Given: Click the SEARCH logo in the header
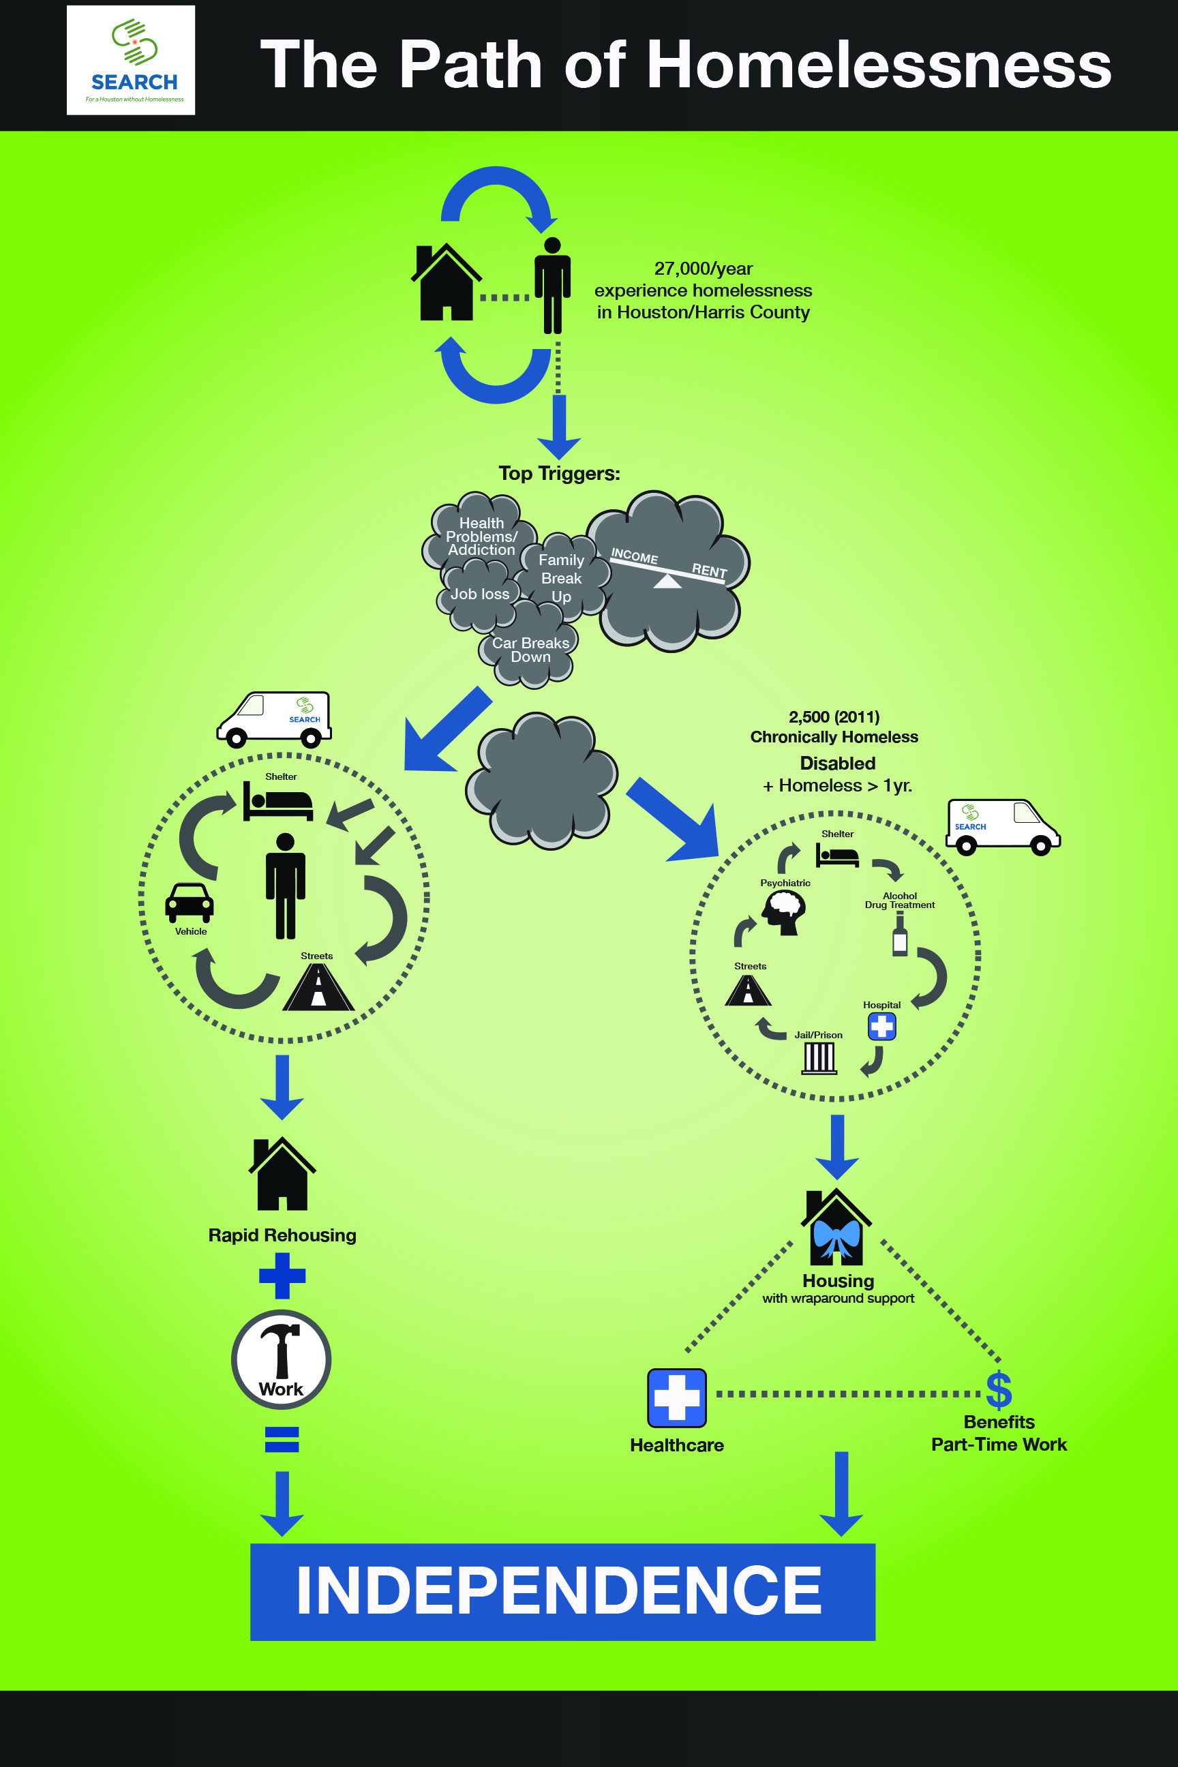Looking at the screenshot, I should click(x=131, y=60).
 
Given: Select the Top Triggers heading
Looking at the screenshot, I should click(x=559, y=473).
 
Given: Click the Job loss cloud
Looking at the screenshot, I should click(x=479, y=594).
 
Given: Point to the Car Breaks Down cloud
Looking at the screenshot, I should click(x=530, y=650).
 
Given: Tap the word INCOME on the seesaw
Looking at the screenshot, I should click(x=634, y=556).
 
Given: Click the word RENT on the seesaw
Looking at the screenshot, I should click(x=709, y=570).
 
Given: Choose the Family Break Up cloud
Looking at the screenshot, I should click(x=561, y=577).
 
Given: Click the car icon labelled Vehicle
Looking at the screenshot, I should click(x=190, y=901).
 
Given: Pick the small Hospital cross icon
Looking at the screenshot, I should click(x=881, y=1026).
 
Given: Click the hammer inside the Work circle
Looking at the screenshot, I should click(x=281, y=1348).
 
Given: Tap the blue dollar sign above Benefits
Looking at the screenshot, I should click(x=999, y=1390).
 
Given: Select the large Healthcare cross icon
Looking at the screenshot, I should click(x=676, y=1398).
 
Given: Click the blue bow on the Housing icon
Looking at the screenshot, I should click(x=836, y=1237).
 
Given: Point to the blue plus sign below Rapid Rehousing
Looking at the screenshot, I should click(x=282, y=1275).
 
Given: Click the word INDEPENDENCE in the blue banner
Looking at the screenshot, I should click(x=559, y=1590).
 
